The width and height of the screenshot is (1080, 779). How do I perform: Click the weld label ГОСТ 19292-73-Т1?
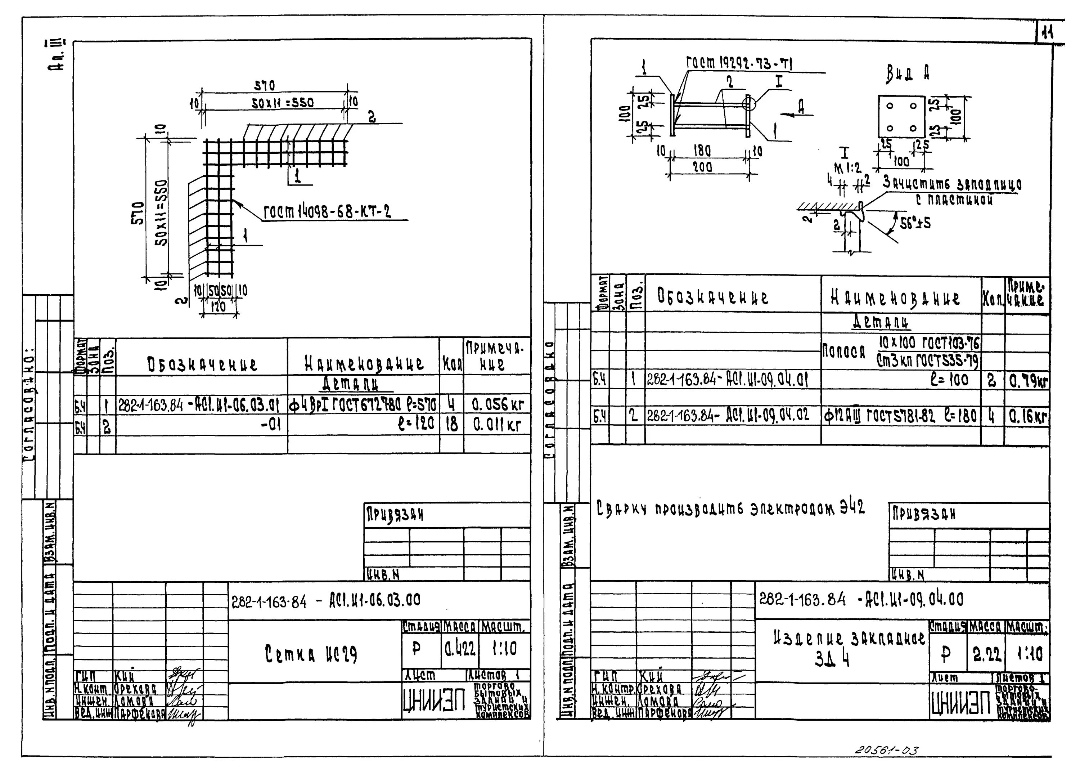(x=739, y=64)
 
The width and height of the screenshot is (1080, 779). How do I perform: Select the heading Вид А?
(x=908, y=73)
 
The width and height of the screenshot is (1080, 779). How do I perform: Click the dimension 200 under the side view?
(x=702, y=167)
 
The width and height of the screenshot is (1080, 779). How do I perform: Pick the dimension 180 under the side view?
(x=702, y=151)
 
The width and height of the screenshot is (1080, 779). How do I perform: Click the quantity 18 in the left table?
(x=451, y=424)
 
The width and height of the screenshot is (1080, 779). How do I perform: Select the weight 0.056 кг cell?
(x=497, y=405)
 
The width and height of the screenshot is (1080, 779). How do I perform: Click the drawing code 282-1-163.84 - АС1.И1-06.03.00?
(x=326, y=601)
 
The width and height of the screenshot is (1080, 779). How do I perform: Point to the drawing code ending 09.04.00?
(x=861, y=599)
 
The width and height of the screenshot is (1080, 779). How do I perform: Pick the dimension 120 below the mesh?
(x=218, y=306)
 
